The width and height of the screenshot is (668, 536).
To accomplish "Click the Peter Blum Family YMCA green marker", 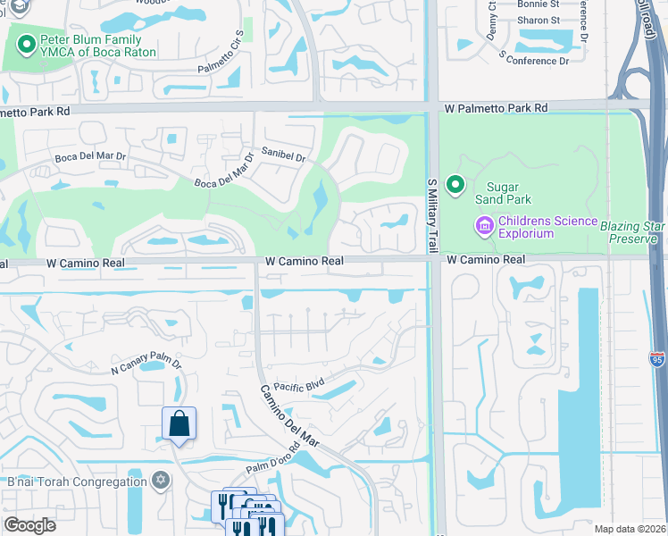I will (27, 42).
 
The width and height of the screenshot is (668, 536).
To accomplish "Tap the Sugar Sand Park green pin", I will (455, 185).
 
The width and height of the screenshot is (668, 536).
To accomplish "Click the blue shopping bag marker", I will (179, 424).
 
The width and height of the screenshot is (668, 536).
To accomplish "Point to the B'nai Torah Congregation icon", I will (160, 482).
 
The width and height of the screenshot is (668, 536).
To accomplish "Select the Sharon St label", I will (539, 20).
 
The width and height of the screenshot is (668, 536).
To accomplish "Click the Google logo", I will (29, 525).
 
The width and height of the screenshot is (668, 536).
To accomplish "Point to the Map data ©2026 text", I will (628, 529).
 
